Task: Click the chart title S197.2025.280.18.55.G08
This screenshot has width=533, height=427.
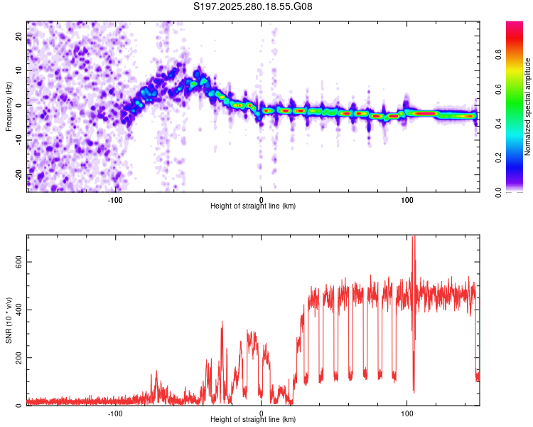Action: [x=253, y=7]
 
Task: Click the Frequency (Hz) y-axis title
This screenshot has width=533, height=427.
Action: [x=9, y=105]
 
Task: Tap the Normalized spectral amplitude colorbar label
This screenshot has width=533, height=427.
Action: [x=528, y=107]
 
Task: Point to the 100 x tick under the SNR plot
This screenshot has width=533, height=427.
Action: [x=407, y=412]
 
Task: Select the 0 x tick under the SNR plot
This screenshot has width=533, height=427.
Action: [x=261, y=412]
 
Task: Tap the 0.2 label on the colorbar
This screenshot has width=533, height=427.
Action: [x=517, y=157]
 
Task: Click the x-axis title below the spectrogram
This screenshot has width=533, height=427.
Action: [x=253, y=206]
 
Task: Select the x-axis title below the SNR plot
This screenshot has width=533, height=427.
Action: [x=253, y=420]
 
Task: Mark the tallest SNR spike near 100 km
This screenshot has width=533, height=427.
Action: [x=413, y=239]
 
